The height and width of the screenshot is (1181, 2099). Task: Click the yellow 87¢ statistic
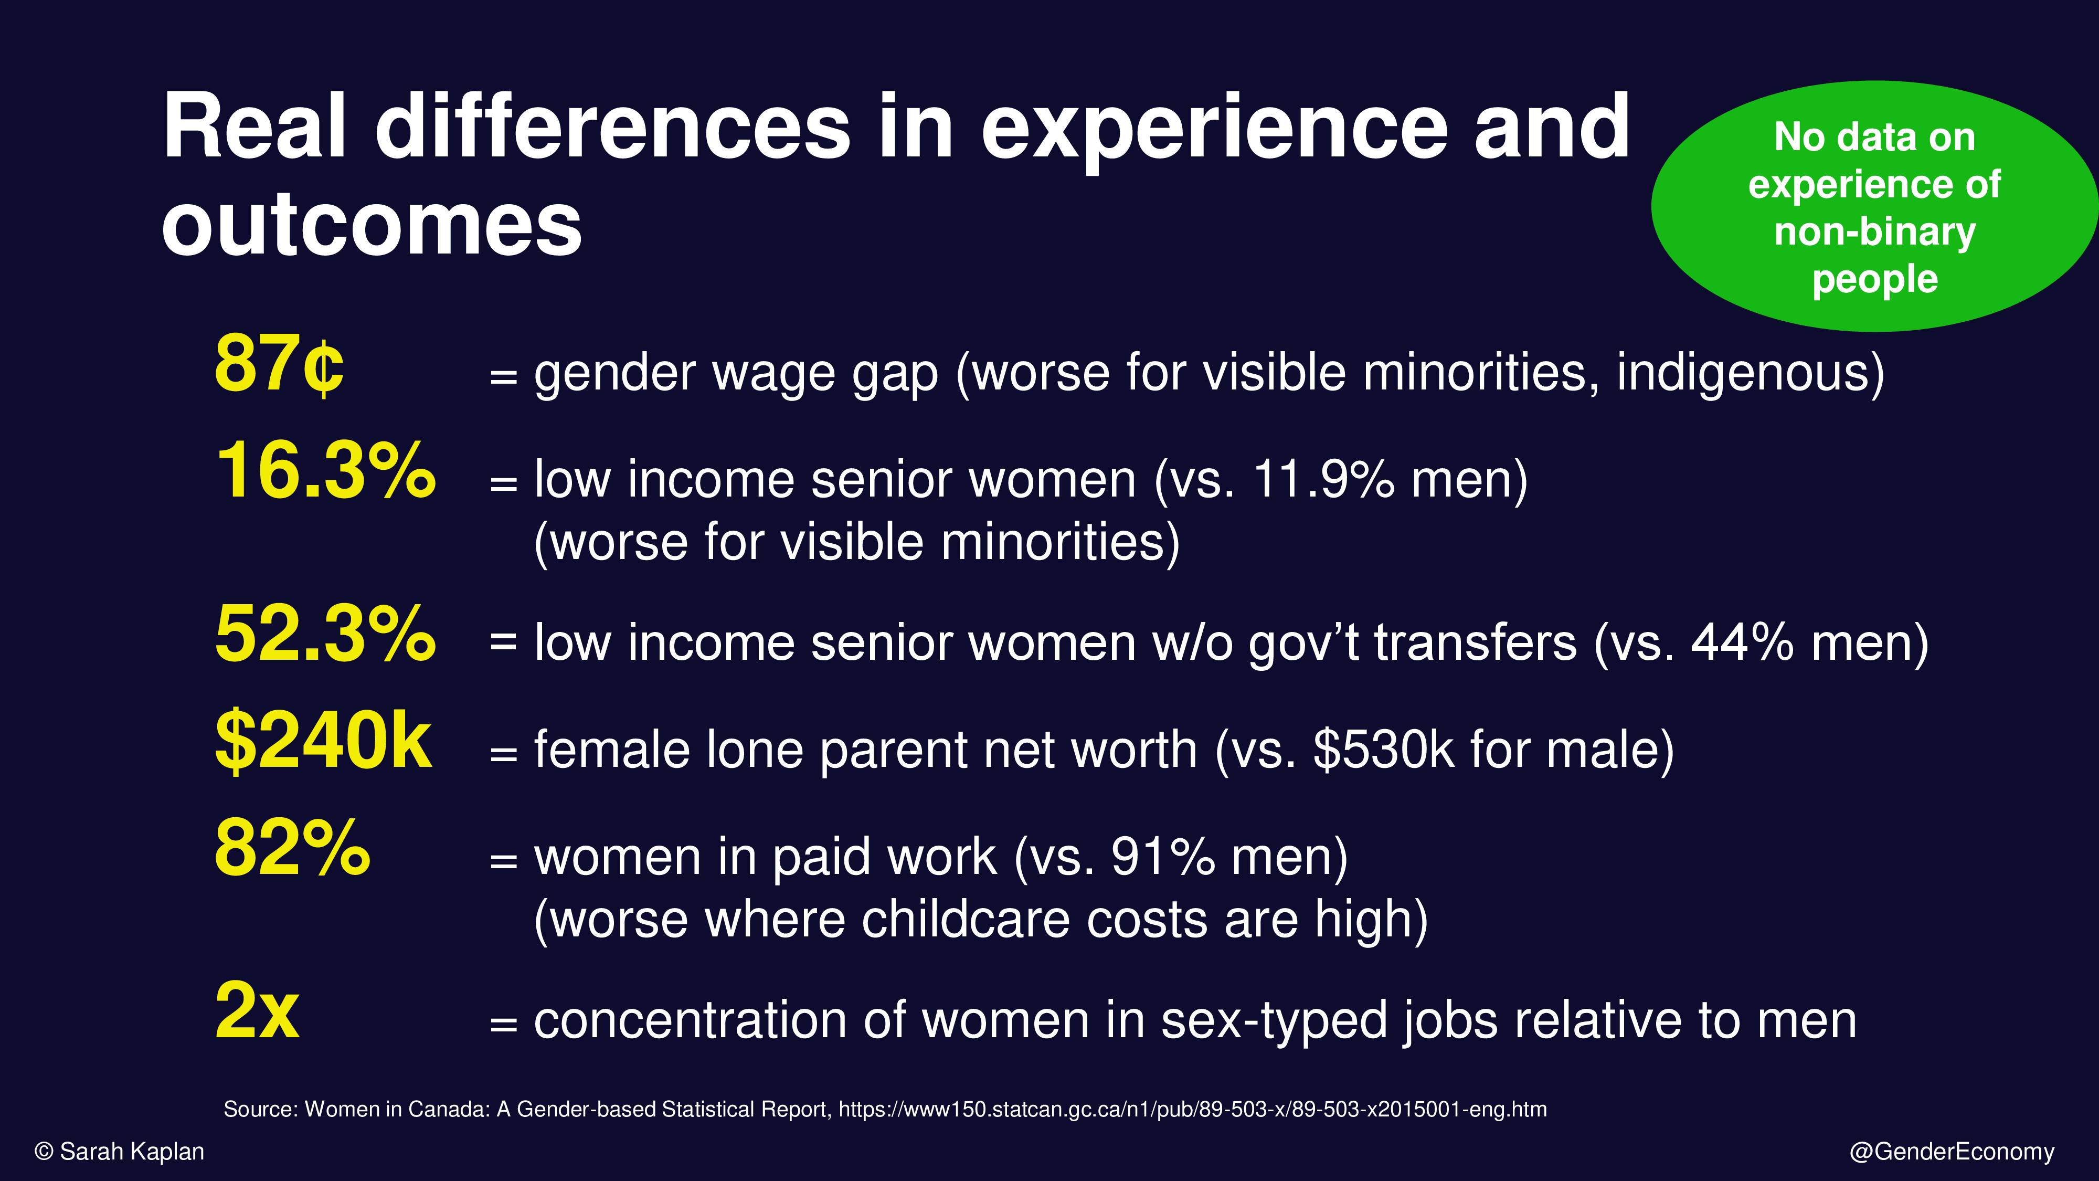[x=279, y=364]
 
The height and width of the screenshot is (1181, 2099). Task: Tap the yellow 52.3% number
[x=326, y=634]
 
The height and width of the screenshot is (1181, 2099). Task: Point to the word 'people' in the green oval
[x=1875, y=280]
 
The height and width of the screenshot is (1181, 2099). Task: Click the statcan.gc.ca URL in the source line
[x=1193, y=1109]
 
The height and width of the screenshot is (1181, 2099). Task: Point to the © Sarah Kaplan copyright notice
[x=120, y=1152]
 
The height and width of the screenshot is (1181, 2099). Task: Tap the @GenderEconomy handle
[x=1952, y=1152]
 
